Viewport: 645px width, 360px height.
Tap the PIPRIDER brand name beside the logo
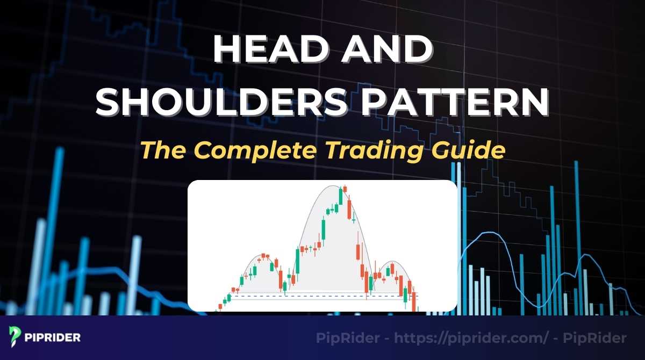click(53, 338)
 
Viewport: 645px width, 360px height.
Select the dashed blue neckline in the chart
click(322, 296)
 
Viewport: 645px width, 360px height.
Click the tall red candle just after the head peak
click(350, 210)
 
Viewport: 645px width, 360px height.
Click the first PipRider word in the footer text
click(344, 339)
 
